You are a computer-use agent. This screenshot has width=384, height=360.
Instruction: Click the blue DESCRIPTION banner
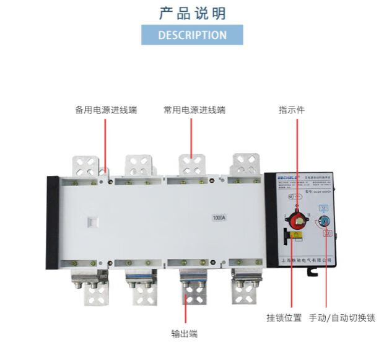[x=192, y=35]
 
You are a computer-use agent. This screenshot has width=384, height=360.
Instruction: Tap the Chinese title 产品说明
[x=192, y=13]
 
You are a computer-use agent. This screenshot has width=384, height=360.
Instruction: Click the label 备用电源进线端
[x=106, y=110]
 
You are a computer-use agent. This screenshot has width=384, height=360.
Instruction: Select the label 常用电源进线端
[x=194, y=110]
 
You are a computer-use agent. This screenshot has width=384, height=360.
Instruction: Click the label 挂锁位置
[x=284, y=318]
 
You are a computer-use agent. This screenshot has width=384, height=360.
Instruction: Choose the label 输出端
[x=184, y=333]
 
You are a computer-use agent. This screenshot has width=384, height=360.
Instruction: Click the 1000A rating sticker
[x=219, y=218]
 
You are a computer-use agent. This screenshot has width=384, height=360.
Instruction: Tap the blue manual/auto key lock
[x=326, y=221]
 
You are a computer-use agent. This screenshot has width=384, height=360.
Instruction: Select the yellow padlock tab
[x=297, y=235]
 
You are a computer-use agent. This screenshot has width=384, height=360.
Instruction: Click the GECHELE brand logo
[x=284, y=180]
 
